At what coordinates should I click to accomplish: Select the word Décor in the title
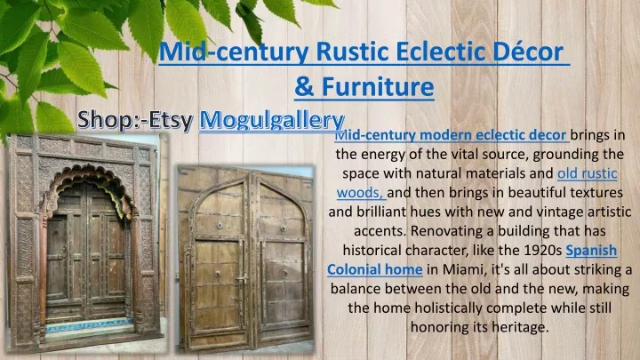coord(528,52)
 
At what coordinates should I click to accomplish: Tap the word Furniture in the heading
coord(378,87)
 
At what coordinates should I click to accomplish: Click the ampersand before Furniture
coord(304,87)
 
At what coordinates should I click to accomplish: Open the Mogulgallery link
coord(272,120)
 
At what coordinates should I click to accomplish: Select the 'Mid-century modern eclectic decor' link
coord(451,135)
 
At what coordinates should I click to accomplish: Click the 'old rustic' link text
coord(587,173)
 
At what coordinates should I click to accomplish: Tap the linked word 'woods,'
coord(360,193)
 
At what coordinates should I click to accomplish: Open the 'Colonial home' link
coord(375,269)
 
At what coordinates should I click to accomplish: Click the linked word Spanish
coord(591,250)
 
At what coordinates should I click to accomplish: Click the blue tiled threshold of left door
coord(89,324)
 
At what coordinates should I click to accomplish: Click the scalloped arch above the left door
coord(89,181)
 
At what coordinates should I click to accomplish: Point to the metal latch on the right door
coord(243,280)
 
